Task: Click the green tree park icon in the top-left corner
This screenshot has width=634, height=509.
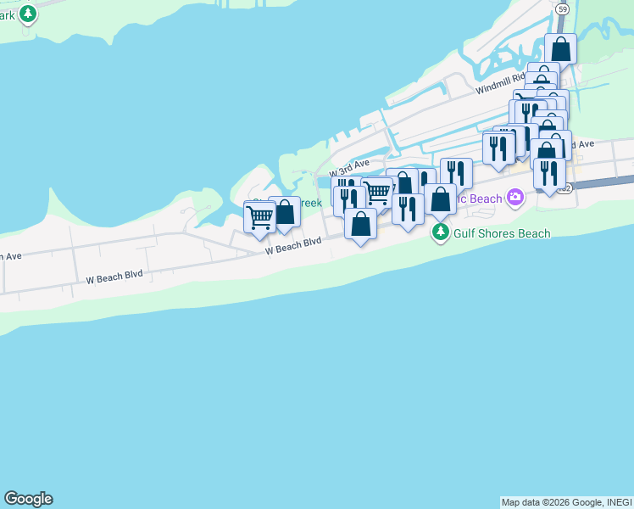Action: pos(28,14)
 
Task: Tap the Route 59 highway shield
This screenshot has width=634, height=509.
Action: pos(563,8)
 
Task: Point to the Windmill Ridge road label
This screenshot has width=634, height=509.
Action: pos(500,82)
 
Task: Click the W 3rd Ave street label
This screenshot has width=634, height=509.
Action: pos(350,165)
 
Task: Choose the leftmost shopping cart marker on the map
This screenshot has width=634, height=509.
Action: pos(259,217)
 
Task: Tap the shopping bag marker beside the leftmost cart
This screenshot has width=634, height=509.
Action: pos(285,212)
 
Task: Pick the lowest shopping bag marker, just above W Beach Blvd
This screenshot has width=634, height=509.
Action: pos(360,224)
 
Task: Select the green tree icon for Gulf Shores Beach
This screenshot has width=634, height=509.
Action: pos(440,232)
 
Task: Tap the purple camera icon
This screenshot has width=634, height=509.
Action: pos(515,199)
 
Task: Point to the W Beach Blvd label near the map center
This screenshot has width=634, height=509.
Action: pos(293,246)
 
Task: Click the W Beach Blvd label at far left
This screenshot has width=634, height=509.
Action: pos(115,276)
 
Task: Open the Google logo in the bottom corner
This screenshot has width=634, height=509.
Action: pos(28,499)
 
